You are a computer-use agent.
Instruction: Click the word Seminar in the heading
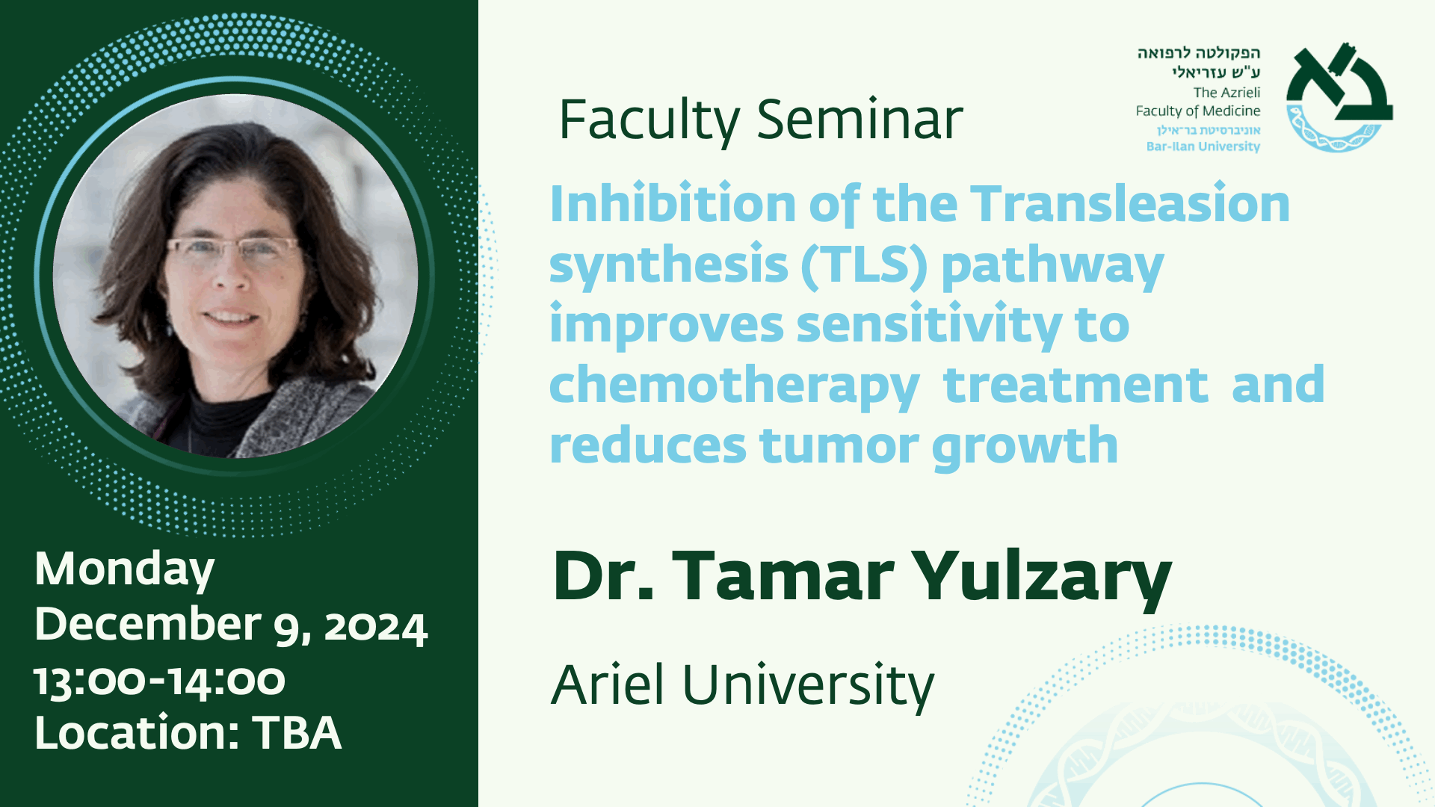tap(860, 120)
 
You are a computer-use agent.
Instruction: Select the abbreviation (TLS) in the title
tap(864, 266)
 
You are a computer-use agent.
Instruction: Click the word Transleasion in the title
tap(1130, 203)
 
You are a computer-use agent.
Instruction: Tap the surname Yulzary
tap(1042, 578)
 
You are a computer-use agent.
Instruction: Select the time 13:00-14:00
tap(160, 681)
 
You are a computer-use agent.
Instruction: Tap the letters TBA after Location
tap(297, 733)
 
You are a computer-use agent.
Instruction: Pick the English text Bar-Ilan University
tap(1203, 146)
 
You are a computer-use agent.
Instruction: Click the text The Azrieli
tap(1226, 93)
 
